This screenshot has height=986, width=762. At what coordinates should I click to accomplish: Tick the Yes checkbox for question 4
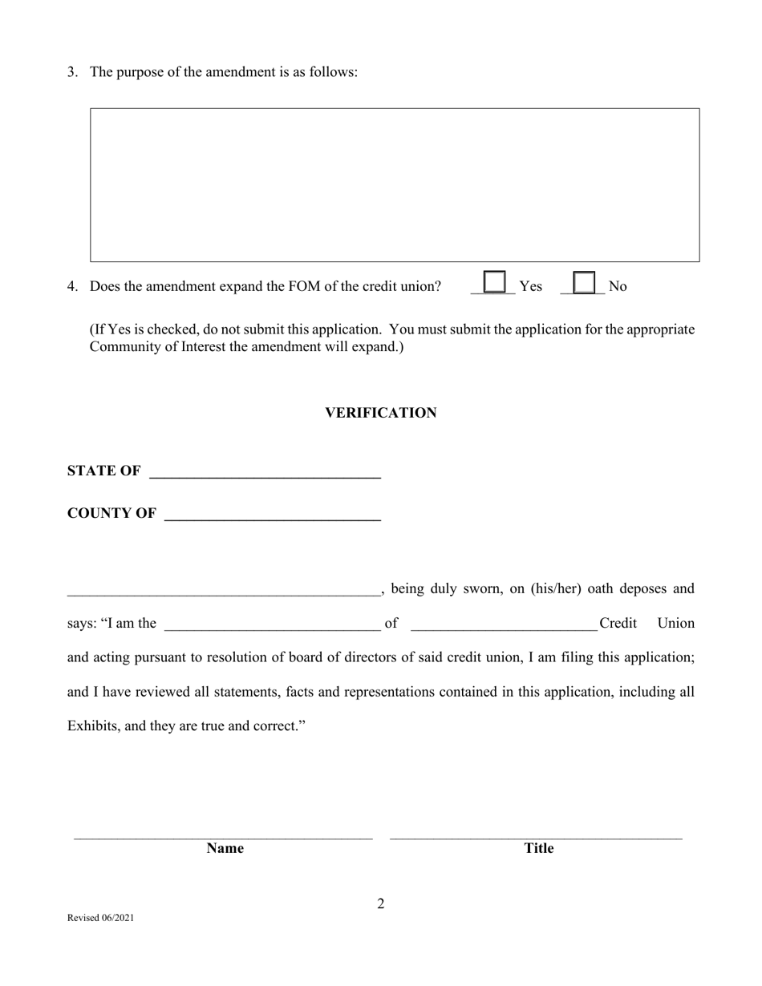point(495,282)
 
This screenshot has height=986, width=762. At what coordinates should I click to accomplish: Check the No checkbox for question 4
point(585,283)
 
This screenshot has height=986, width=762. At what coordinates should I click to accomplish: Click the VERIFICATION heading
point(380,413)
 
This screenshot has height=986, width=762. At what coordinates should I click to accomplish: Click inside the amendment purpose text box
point(395,185)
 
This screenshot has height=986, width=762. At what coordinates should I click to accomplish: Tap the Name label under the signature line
point(225,848)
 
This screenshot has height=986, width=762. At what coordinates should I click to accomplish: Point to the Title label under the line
point(538,848)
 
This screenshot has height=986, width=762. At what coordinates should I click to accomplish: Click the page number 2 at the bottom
point(381,904)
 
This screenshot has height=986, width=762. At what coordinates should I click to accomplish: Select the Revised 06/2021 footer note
point(100,918)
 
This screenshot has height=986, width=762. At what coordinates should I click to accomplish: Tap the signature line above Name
point(223,837)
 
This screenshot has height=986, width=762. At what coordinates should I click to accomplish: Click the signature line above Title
point(536,837)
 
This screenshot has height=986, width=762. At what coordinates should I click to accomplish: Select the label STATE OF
point(103,471)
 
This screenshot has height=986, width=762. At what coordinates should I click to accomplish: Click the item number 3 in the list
point(72,72)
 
